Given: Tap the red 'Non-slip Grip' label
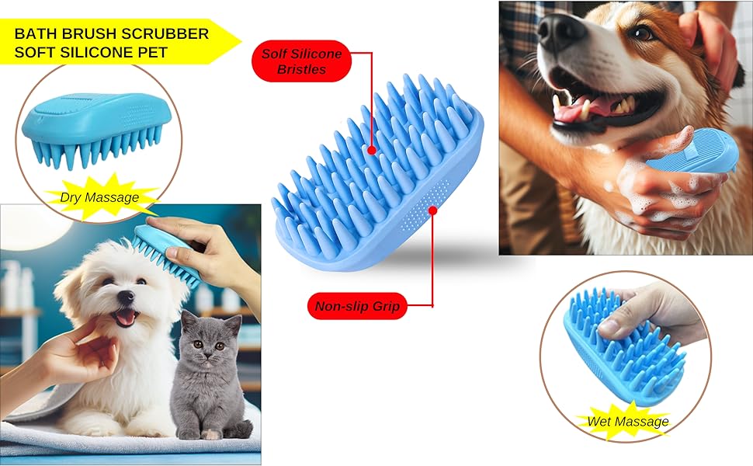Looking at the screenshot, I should coord(356,306).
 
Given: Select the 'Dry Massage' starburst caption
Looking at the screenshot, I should coord(99,197).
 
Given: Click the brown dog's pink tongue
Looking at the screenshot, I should coord(574,111).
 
